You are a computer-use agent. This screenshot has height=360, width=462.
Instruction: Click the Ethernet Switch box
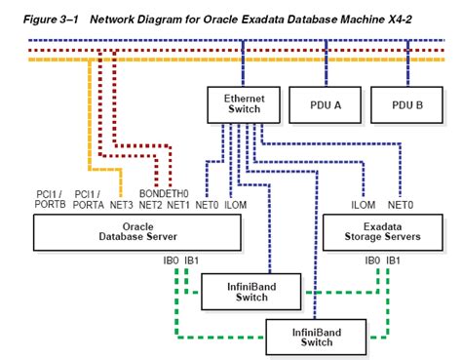point(244,104)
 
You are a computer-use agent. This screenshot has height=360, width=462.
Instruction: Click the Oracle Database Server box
point(136,230)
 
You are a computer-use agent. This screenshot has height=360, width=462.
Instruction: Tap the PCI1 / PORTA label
point(91,199)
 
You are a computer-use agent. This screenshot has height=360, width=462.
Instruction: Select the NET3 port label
point(121,205)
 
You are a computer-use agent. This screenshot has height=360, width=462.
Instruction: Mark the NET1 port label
point(177,205)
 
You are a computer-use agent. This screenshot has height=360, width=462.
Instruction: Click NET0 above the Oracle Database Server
point(208,205)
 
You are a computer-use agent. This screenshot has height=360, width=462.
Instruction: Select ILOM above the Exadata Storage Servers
point(363,205)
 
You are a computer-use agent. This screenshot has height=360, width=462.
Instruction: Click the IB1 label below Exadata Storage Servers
point(393,260)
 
